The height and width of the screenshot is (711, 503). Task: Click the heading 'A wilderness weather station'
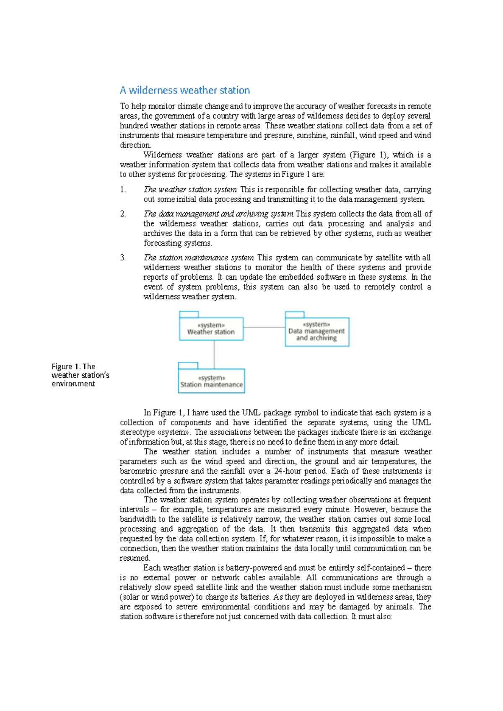184,90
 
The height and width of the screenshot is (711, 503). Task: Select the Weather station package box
211,329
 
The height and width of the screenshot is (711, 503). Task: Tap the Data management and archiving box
317,332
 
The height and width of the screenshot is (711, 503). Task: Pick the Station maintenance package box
211,381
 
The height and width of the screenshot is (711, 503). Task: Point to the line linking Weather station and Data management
264,327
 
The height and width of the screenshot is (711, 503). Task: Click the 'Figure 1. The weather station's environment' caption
80,375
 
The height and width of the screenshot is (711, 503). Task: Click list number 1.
123,190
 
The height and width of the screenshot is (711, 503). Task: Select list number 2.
123,214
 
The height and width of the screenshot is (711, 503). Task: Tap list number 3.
123,258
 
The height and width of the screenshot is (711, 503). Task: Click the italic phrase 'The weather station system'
190,190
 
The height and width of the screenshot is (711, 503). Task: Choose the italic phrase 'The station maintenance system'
199,258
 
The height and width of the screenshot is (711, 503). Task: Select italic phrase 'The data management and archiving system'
218,214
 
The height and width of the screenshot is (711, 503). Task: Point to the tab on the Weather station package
189,314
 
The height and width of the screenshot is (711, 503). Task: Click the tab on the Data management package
294,314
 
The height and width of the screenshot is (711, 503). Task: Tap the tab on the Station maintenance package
188,365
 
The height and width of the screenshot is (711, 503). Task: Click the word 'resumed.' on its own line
135,558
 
